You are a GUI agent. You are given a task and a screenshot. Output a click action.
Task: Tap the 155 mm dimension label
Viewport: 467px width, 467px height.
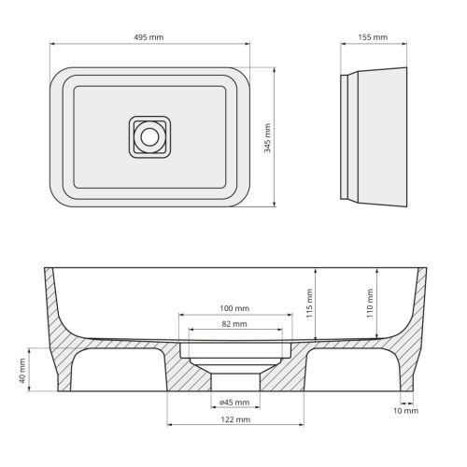[373, 37]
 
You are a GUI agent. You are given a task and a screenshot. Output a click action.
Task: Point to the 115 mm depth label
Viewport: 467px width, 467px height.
[308, 302]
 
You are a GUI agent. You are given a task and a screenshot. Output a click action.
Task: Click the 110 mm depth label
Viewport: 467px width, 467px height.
[370, 300]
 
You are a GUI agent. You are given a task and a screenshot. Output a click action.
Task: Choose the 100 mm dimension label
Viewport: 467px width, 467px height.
[234, 308]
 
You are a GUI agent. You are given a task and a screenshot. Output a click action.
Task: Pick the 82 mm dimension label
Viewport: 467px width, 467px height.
[234, 323]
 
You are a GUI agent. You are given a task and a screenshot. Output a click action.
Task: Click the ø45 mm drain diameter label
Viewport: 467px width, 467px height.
[234, 403]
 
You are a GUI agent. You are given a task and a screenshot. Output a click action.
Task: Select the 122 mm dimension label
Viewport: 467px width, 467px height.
[234, 420]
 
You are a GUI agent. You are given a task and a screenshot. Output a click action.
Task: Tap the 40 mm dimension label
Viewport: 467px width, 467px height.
[21, 374]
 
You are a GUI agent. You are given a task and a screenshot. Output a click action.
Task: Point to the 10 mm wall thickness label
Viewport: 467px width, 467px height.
[405, 411]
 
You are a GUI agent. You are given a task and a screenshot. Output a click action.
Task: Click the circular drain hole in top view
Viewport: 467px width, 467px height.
[149, 136]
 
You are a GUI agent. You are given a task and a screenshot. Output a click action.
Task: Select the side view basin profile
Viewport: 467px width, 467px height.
[374, 136]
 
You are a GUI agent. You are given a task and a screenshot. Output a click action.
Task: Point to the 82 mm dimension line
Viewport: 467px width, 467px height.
[233, 331]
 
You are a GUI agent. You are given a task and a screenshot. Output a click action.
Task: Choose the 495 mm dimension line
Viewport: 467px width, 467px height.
[149, 44]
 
